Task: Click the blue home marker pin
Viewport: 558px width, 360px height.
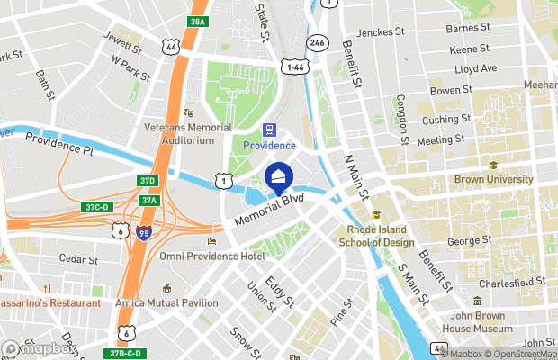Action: click(279, 175)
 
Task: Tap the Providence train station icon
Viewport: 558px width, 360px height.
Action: click(268, 130)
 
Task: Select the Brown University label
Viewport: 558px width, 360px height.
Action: click(493, 179)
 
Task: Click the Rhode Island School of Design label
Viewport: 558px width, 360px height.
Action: click(376, 236)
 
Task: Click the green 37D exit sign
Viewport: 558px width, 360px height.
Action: click(148, 181)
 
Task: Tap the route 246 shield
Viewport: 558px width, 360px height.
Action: click(317, 41)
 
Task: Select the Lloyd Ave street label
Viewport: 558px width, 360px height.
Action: click(476, 67)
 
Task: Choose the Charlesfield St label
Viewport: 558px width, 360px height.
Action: click(512, 282)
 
